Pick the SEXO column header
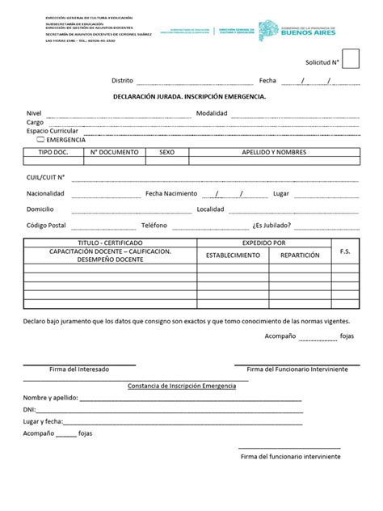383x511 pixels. [x=166, y=152]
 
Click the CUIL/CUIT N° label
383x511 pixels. [x=45, y=176]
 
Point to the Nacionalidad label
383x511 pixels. [x=45, y=194]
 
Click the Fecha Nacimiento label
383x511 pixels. [x=170, y=194]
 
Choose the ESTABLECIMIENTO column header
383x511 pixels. [x=234, y=255]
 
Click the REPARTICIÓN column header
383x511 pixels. [x=300, y=255]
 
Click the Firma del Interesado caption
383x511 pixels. [x=79, y=369]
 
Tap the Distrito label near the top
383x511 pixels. [x=123, y=81]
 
